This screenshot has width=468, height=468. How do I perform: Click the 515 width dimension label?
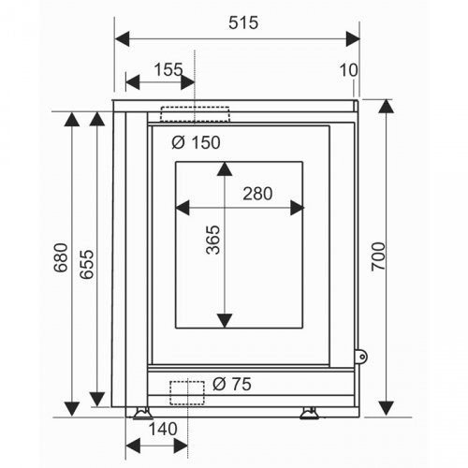click(x=243, y=22)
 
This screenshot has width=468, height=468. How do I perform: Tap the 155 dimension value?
click(x=168, y=69)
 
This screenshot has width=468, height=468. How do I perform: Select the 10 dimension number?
click(x=348, y=70)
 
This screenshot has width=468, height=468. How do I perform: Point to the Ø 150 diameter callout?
click(x=196, y=142)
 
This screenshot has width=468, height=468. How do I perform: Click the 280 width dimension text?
click(x=257, y=194)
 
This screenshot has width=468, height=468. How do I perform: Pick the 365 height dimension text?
click(x=213, y=240)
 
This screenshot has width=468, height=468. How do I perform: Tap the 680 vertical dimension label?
click(x=61, y=257)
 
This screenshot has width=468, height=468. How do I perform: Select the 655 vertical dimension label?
click(x=86, y=264)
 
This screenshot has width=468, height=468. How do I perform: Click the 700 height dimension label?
click(x=378, y=256)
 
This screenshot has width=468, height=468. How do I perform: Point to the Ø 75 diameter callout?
click(x=232, y=384)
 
